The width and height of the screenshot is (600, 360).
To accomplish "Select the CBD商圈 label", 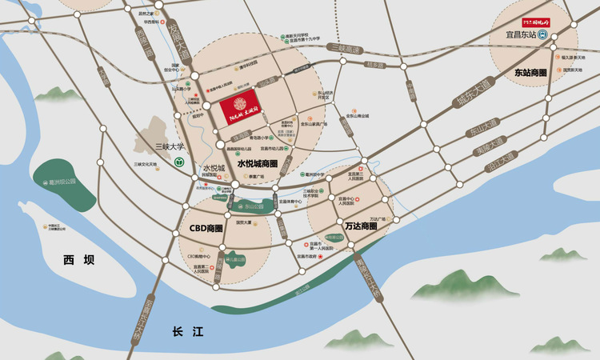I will point(206,228).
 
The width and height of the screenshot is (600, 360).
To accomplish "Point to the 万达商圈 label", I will point(361,226).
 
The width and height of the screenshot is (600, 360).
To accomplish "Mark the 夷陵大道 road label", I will point(490,142).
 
